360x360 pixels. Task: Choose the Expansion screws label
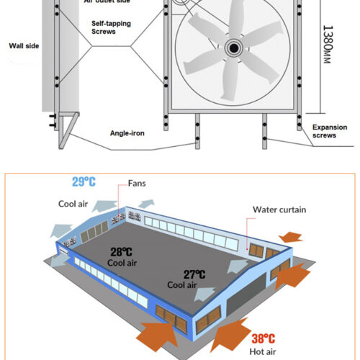click(329, 131)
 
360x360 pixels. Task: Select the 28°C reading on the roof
click(121, 251)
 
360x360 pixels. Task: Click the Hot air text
click(264, 351)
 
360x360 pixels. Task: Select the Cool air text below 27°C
click(182, 284)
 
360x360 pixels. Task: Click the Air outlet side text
click(108, 3)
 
